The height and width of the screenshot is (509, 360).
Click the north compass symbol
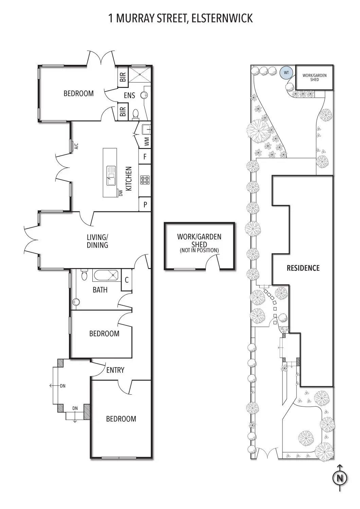click(x=339, y=478)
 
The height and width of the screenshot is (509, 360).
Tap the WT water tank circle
click(x=286, y=72)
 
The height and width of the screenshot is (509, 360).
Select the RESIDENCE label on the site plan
click(x=303, y=268)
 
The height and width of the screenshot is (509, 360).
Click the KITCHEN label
click(x=129, y=178)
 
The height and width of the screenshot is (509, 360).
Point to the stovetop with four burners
click(x=145, y=180)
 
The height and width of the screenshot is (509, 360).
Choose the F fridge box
click(x=145, y=157)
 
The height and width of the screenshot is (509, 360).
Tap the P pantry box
click(x=145, y=205)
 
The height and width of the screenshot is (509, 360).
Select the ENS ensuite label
click(x=129, y=95)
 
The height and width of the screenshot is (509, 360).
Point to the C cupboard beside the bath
click(x=127, y=280)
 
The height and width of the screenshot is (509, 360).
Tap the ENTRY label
click(x=115, y=370)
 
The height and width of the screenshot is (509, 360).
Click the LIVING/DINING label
click(x=97, y=241)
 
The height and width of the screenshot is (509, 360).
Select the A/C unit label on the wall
click(x=76, y=146)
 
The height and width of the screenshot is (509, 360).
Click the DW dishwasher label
click(x=121, y=193)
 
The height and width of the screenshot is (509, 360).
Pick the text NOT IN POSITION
click(x=199, y=250)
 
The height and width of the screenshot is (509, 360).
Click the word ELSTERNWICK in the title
click(x=222, y=18)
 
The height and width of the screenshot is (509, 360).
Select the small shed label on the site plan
click(x=314, y=77)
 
